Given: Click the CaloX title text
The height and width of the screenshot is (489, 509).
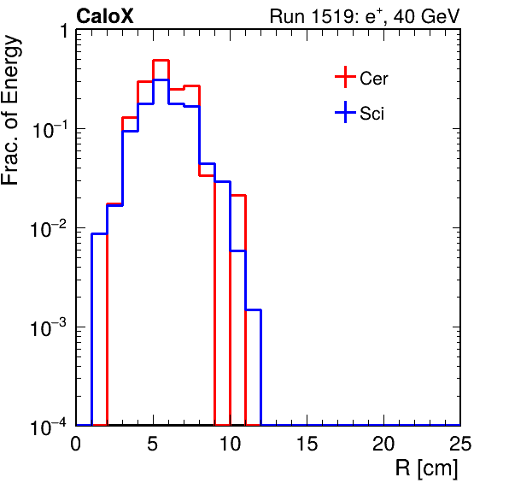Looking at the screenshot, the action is click(105, 16).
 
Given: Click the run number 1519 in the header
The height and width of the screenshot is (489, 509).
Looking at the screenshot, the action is click(335, 16).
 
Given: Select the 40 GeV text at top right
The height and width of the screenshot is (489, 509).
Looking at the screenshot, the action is click(426, 16).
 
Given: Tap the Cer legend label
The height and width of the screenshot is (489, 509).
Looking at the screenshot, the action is click(374, 79).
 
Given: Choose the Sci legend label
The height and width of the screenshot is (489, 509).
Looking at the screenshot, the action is click(372, 114).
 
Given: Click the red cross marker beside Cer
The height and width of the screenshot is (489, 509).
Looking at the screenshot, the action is click(345, 77).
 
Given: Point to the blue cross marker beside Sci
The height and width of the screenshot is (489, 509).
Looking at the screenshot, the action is click(345, 113).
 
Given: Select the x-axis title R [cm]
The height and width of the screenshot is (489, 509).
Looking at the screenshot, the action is click(426, 468).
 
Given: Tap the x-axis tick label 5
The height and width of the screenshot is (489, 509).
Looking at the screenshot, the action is click(152, 443).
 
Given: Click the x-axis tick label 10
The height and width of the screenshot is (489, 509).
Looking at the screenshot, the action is click(230, 443).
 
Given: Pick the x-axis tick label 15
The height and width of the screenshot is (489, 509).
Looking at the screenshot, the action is click(307, 443).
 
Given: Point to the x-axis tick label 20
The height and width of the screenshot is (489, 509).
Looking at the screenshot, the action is click(383, 443).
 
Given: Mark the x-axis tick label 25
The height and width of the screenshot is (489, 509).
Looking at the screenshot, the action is click(460, 443).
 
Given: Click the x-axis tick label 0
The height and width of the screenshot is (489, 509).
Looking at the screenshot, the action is click(76, 443).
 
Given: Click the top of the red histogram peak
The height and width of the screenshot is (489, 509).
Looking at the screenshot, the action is click(161, 61).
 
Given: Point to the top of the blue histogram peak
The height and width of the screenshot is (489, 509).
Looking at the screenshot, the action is click(161, 80).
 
